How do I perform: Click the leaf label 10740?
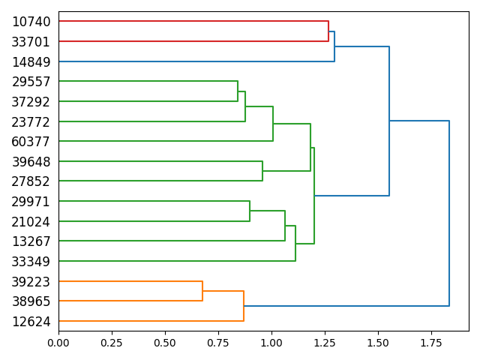coord(31,22)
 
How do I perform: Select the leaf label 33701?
coord(31,42)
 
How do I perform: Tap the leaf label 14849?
coord(31,61)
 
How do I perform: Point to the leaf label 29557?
coord(31,82)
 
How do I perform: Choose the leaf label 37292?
coord(31,101)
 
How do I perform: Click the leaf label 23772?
coord(31,121)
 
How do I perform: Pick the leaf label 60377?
coord(31,142)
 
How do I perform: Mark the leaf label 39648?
coord(31,162)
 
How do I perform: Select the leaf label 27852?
coord(31,181)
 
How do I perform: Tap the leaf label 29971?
coord(31,202)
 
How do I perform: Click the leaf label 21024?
coord(31,221)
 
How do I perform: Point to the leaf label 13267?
coord(31,241)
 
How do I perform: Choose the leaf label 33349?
coord(31,262)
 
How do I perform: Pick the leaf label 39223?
coord(31,282)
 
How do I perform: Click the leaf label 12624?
coord(31,322)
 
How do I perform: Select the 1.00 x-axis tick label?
coord(271,343)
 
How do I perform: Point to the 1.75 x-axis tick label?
coord(431,343)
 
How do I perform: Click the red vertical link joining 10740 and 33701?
coord(328,31)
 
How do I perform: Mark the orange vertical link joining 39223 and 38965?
coord(202,291)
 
